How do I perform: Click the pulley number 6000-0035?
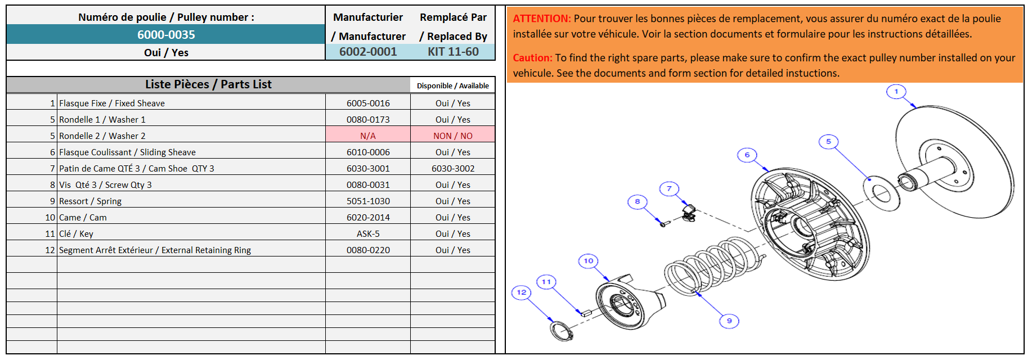tap(166, 35)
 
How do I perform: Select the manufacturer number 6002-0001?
tap(368, 52)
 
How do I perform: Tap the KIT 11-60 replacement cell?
tap(453, 52)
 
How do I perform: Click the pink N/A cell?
tap(368, 136)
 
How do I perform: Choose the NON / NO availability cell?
tap(453, 136)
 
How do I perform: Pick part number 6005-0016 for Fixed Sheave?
tap(368, 103)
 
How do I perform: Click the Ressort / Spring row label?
tap(90, 201)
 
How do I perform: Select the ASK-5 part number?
tap(368, 233)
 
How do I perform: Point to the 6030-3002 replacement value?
tap(453, 168)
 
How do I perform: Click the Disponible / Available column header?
tap(453, 85)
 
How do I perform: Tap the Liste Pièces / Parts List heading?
tap(208, 84)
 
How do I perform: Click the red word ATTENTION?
tap(542, 19)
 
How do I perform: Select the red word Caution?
tap(532, 58)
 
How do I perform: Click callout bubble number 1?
tap(896, 91)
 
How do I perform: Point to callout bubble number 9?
tap(729, 321)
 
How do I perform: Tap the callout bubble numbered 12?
tap(522, 292)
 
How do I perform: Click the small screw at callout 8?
tap(663, 223)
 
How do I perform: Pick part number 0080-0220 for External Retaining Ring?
tap(368, 250)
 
